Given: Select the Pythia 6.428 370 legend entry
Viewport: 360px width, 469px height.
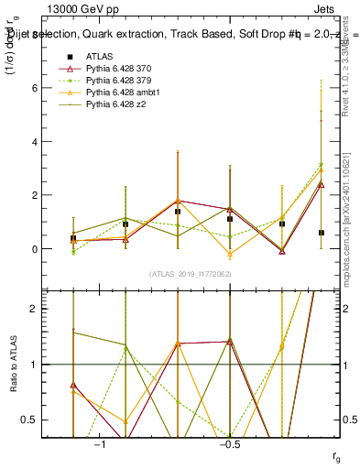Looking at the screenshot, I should [x=120, y=69].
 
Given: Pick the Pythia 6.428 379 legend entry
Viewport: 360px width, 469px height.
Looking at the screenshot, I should [x=120, y=81].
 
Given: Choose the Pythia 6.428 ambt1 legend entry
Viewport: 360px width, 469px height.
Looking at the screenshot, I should [x=123, y=93].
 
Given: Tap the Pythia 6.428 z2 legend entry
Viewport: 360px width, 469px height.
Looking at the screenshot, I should [x=116, y=104].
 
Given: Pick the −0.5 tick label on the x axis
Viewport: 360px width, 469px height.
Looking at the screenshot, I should [x=229, y=445].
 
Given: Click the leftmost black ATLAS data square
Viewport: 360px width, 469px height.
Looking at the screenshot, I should [x=73, y=238].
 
